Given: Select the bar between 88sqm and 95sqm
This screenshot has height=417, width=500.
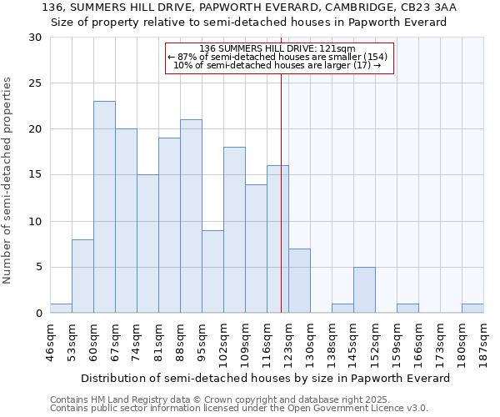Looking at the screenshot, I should click(191, 216).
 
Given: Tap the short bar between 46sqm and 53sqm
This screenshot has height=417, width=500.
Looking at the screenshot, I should click(61, 309).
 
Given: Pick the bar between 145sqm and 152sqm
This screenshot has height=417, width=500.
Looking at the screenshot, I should click(364, 289).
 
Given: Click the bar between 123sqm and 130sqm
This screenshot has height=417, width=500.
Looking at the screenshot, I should click(299, 280).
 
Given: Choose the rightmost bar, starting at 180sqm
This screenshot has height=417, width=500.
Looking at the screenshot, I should click(472, 309).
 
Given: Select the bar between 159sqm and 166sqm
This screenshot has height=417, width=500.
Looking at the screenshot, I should click(407, 309).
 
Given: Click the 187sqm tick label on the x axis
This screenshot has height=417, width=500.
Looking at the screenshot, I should click(484, 341).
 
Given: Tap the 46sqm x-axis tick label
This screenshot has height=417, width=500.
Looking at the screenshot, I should click(51, 341).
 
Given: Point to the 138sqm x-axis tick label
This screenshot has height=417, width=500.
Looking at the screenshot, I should click(332, 341).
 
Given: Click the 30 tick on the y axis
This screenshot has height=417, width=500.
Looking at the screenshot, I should click(35, 38).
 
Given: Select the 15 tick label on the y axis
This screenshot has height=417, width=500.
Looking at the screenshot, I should click(35, 175).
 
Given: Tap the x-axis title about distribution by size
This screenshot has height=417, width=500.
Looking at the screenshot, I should click(267, 378).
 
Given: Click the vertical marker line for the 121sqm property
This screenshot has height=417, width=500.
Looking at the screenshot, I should click(282, 192).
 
